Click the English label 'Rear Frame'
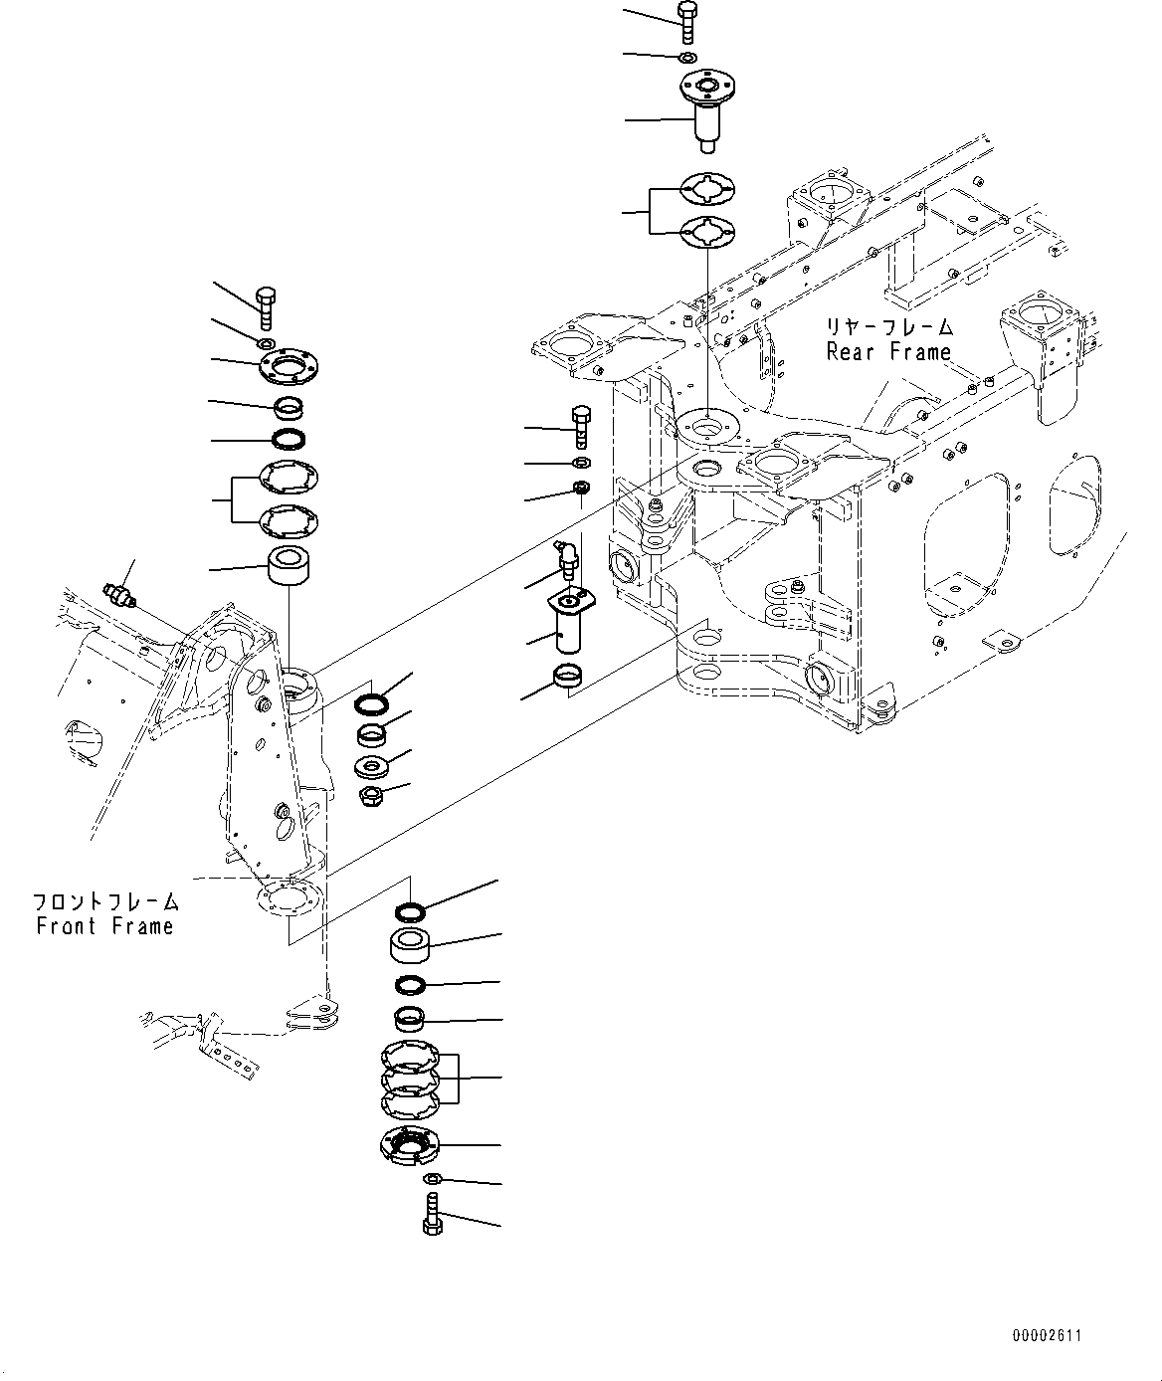point(888,351)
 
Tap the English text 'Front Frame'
point(104,926)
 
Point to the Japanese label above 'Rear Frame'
point(888,326)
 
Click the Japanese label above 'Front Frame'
point(105,902)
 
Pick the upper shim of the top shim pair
point(706,189)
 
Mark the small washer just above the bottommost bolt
point(431,1179)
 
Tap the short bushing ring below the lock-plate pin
point(567,680)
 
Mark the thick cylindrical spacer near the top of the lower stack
point(410,945)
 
